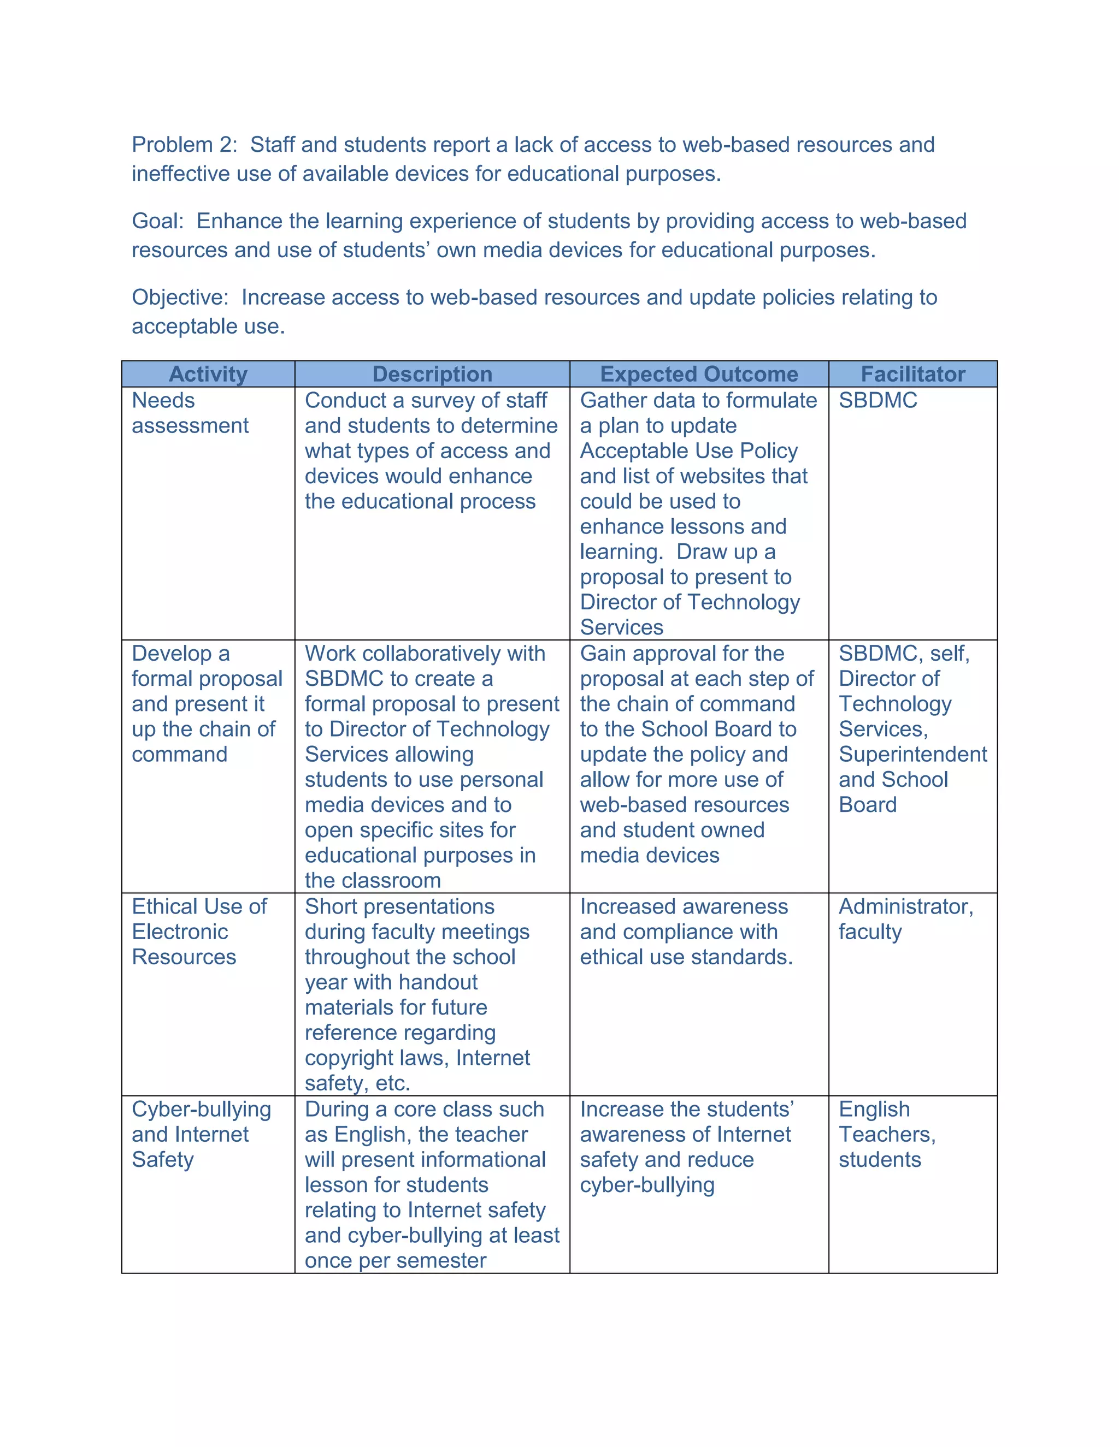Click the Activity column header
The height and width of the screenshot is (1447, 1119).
pos(208,375)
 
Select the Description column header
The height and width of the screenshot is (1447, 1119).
pos(432,375)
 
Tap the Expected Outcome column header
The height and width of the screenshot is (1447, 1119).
pos(699,375)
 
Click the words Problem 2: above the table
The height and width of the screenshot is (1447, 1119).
pos(184,145)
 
